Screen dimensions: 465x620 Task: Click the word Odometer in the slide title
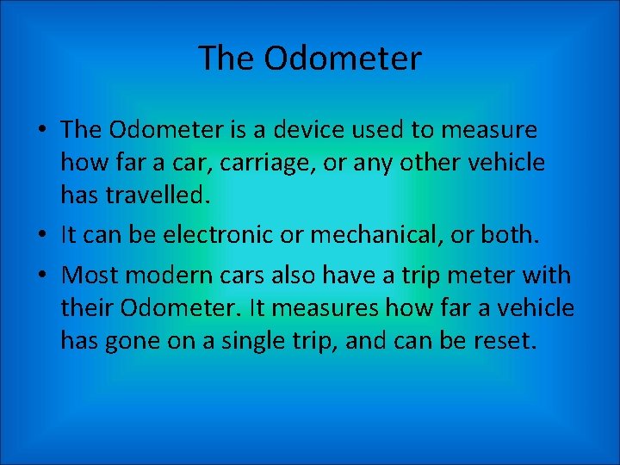point(343,59)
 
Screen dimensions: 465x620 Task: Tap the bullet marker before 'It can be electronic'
point(41,234)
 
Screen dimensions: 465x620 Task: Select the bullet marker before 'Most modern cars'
point(41,276)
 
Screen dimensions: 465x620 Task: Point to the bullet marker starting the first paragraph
point(41,131)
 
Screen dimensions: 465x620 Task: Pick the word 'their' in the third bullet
point(86,307)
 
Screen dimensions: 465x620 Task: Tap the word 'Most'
point(89,276)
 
